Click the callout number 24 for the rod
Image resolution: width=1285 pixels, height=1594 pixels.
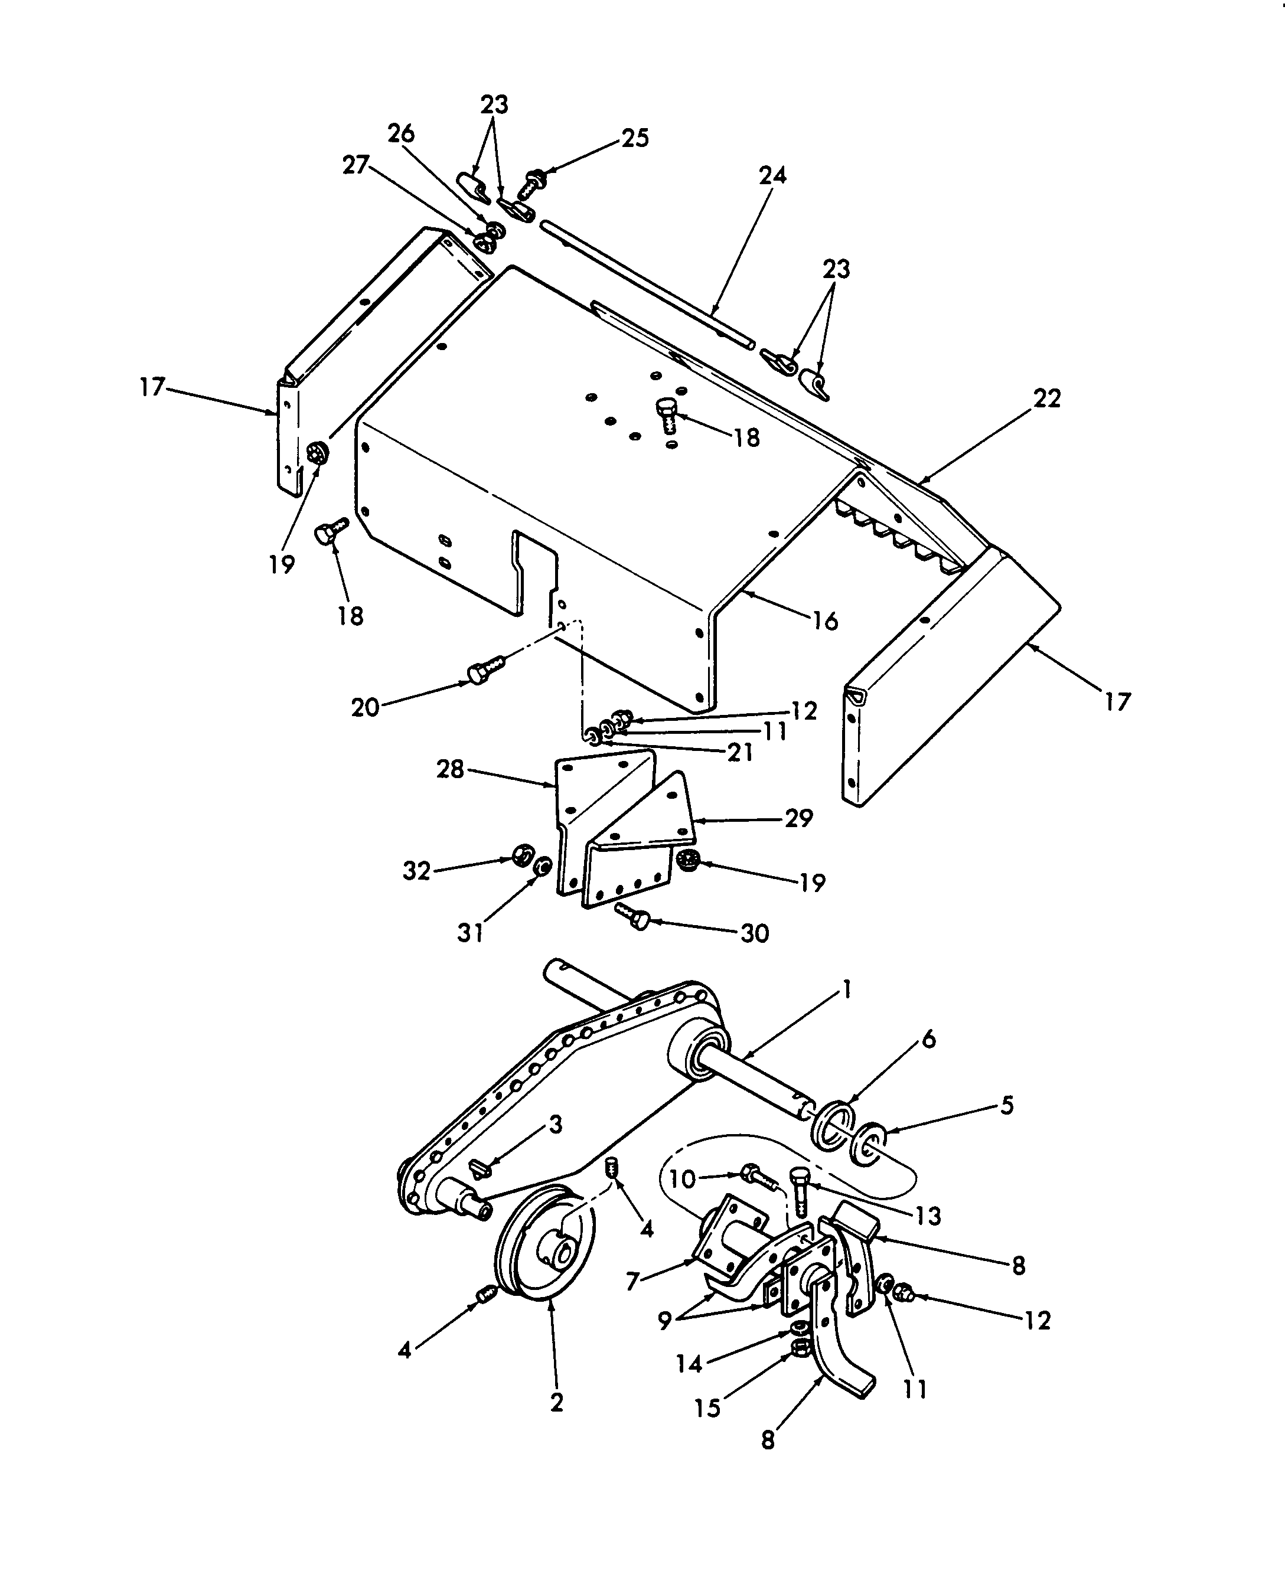772,175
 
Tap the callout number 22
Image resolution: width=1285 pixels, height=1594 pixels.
1046,399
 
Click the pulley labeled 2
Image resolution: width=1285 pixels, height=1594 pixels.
546,1250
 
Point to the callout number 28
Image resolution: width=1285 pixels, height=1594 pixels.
450,770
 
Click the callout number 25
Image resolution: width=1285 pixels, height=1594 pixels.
635,138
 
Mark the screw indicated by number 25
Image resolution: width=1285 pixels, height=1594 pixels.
531,183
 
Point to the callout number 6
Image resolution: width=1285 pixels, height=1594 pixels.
929,1039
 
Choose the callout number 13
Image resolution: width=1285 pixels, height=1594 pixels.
928,1216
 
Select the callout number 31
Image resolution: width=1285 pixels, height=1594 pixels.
470,933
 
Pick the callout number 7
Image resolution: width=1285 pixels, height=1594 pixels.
632,1281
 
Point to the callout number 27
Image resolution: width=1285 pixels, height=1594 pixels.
356,164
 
